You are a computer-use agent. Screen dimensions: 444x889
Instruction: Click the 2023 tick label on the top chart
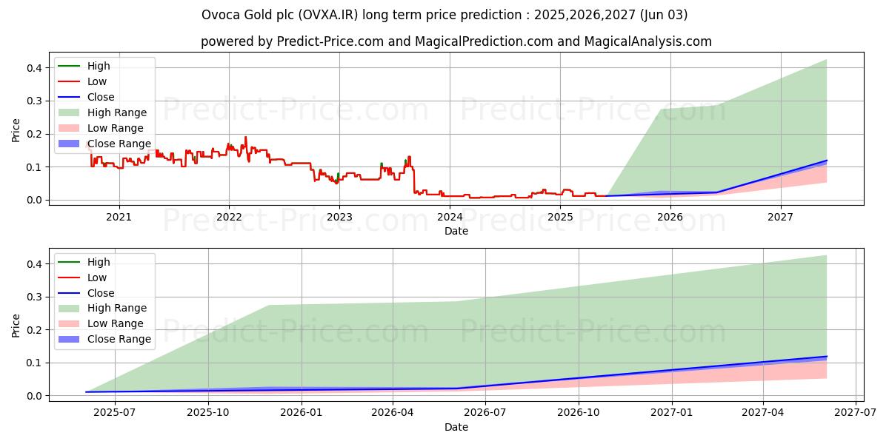[x=339, y=217]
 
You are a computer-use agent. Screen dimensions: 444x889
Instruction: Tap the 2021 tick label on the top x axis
[x=119, y=217]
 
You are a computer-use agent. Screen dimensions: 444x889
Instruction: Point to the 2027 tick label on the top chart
[x=780, y=217]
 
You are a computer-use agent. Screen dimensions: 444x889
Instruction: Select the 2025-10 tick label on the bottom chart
[x=208, y=413]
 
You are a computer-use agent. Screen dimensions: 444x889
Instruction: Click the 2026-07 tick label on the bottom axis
[x=485, y=413]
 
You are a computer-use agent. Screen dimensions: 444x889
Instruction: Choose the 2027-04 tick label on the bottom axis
[x=763, y=413]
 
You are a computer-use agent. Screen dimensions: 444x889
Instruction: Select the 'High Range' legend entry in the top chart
[x=117, y=112]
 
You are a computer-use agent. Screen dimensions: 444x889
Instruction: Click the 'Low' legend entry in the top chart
[x=97, y=81]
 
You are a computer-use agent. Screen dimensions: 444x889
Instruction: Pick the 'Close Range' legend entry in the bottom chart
[x=119, y=339]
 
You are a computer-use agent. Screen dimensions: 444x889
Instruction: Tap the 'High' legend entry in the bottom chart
[x=99, y=262]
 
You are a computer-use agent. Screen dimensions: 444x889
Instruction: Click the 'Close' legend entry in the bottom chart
[x=101, y=293]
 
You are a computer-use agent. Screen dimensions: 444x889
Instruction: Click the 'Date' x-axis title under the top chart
[x=456, y=231]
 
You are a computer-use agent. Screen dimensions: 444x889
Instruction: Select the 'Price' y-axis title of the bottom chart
[x=16, y=325]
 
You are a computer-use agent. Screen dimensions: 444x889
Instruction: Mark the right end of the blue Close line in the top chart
[x=827, y=161]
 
